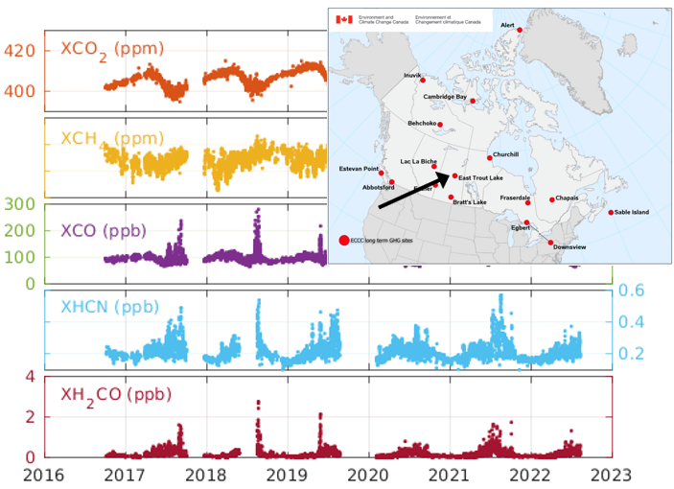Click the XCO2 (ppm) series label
(x=111, y=48)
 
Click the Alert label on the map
(x=507, y=27)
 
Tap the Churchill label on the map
(x=505, y=153)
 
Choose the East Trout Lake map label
(x=480, y=178)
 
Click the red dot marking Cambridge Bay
(x=473, y=101)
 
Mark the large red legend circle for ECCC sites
(x=342, y=239)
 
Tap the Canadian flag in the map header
(x=343, y=19)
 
